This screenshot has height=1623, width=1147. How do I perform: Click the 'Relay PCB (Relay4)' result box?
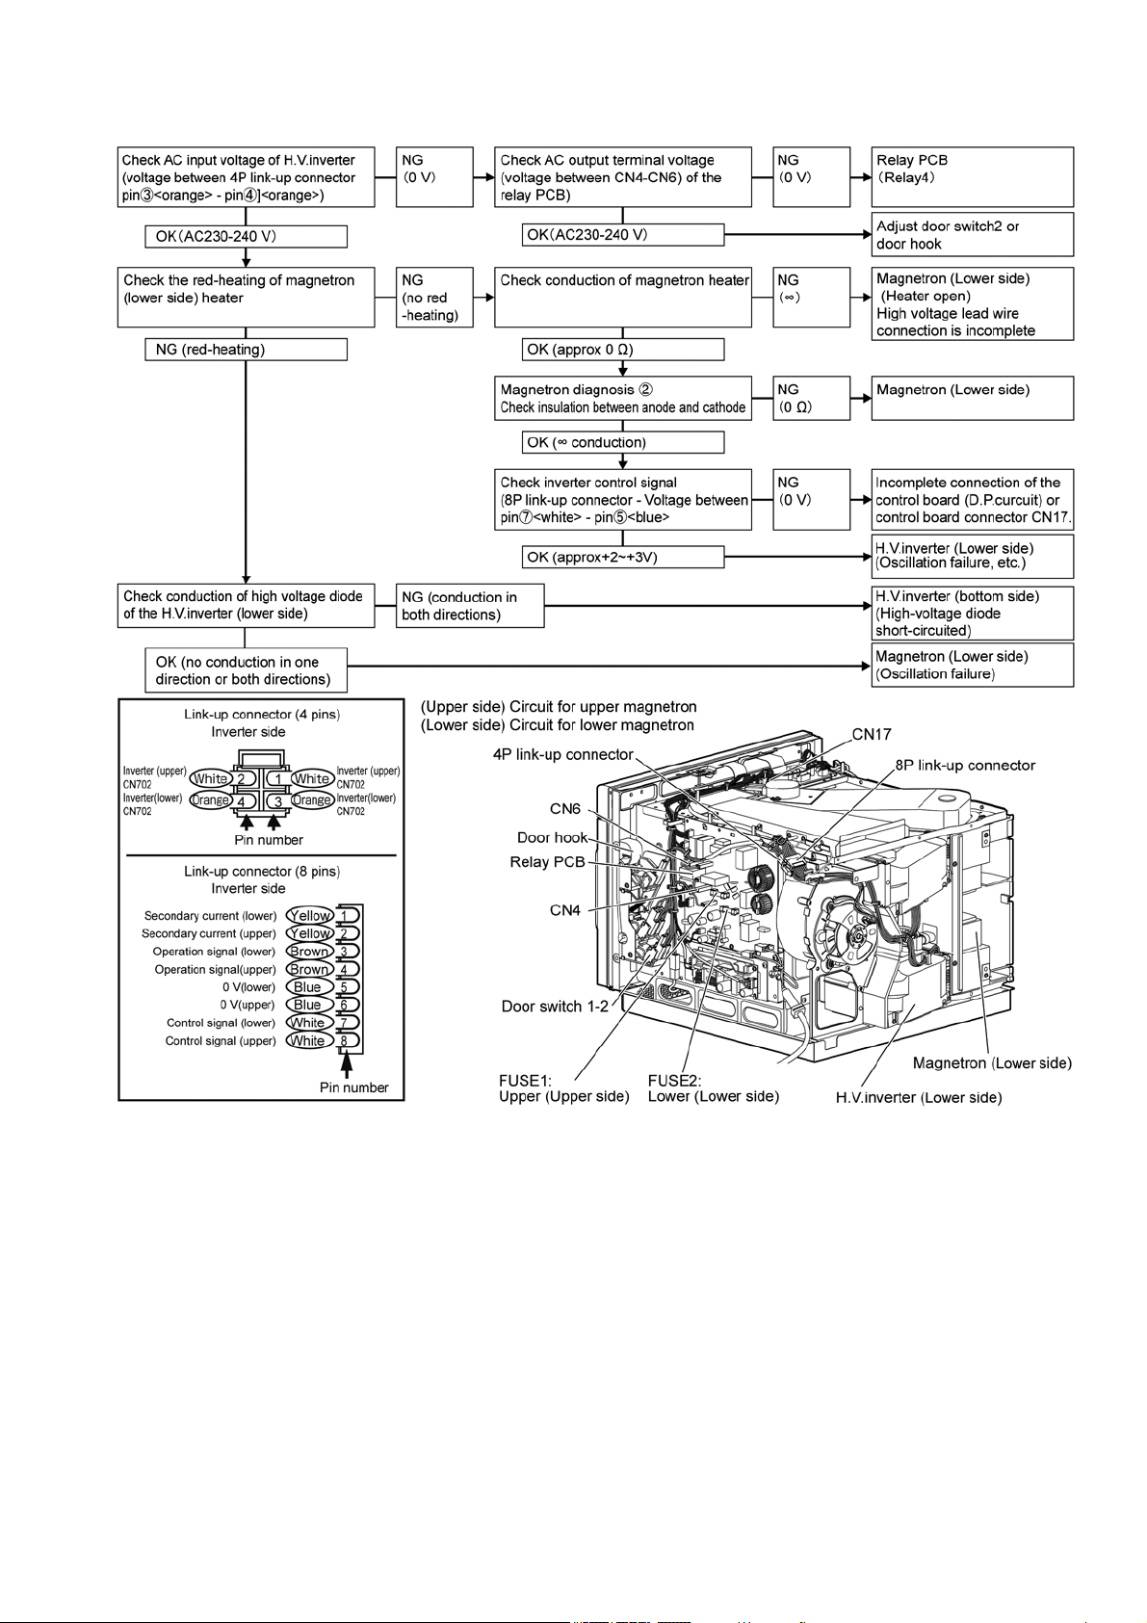972,177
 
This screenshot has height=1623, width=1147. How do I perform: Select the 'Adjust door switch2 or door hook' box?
972,235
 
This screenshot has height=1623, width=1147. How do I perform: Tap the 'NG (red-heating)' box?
246,350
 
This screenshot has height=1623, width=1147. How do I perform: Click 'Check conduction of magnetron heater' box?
622,297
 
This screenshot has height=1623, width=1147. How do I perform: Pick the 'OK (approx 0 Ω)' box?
622,350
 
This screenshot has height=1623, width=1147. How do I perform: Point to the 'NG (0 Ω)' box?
811,398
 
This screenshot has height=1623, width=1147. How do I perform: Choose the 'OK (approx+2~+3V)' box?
622,557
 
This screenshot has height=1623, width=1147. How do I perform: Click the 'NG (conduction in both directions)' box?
470,606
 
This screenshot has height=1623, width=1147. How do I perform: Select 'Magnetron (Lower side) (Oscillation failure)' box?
972,666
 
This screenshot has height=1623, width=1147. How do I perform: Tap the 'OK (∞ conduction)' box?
622,442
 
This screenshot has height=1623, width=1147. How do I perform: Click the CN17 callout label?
872,734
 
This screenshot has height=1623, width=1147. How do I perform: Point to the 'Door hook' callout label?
552,838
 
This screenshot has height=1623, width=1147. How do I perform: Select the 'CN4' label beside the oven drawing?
565,910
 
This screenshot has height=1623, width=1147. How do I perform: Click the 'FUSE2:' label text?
674,1081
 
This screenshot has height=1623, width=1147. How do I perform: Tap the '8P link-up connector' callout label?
965,765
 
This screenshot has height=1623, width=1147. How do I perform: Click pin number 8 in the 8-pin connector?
345,1041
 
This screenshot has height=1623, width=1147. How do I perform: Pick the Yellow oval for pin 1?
309,915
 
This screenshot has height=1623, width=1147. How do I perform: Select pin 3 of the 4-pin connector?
277,801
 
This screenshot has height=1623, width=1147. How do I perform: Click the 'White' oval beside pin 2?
211,779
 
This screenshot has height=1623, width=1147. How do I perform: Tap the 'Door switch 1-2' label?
555,1007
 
